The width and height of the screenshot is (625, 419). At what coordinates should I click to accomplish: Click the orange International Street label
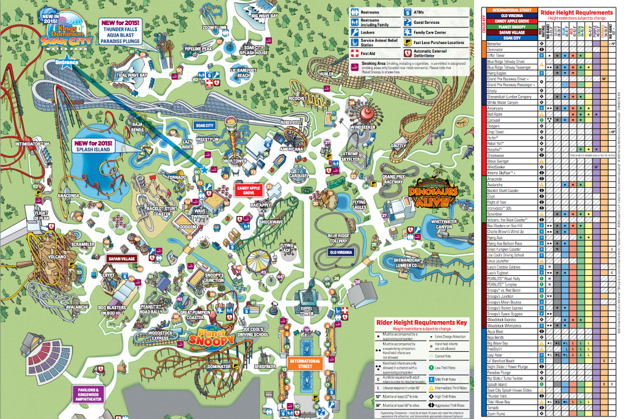[x=305, y=365]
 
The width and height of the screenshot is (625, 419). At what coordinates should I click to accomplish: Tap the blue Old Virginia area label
[x=342, y=252]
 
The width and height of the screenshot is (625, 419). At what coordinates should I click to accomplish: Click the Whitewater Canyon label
[x=448, y=224]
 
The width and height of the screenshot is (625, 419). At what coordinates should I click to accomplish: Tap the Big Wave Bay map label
[x=264, y=16]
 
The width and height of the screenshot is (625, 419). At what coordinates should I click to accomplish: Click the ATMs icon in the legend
[x=408, y=12]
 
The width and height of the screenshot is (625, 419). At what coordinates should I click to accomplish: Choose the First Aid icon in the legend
[x=355, y=54]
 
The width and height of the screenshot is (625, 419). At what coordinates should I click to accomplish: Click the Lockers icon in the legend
[x=355, y=32]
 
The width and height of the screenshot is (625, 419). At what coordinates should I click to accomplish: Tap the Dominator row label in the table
[x=496, y=49]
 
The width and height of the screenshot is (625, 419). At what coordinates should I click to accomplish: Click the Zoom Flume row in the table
[x=497, y=414]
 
